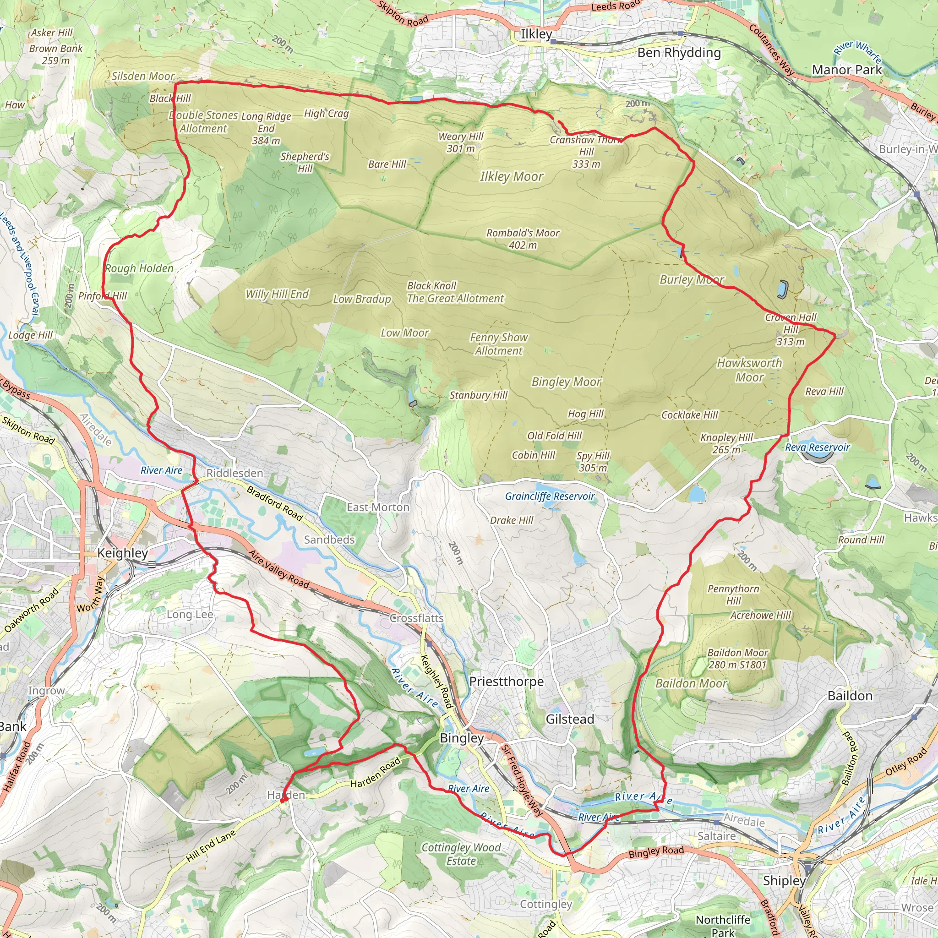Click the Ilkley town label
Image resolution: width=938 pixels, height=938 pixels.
(536, 34)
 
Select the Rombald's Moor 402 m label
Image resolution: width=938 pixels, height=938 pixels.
(523, 239)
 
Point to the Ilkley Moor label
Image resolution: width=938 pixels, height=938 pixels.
(512, 177)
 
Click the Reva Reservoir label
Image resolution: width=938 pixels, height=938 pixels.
(818, 447)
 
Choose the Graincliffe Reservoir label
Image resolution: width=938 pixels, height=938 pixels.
(550, 496)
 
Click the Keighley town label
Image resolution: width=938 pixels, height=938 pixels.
(122, 553)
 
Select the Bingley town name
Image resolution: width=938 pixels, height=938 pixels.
(462, 738)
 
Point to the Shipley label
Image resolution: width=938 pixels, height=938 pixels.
(784, 880)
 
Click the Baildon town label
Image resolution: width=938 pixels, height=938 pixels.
(850, 696)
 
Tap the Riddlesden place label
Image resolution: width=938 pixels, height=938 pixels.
(234, 473)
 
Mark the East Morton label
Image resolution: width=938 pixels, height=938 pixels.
(378, 507)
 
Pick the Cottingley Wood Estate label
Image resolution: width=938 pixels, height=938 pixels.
(461, 854)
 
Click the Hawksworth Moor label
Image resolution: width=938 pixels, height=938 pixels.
(749, 370)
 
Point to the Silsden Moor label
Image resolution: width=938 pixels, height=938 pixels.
(143, 76)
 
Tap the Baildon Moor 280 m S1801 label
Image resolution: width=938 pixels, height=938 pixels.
(737, 659)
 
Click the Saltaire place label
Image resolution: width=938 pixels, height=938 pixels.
(717, 836)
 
